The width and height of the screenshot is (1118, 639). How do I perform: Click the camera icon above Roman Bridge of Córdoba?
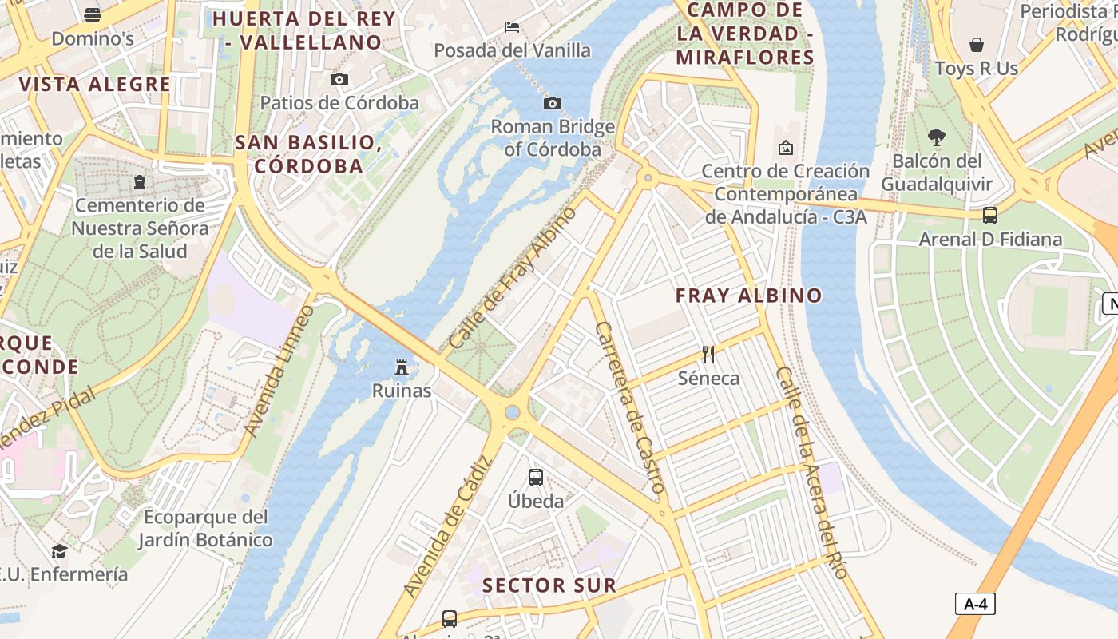[x=552, y=103]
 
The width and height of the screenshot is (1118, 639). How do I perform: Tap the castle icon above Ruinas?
[x=402, y=367]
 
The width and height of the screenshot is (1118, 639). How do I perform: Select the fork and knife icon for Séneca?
[x=708, y=354]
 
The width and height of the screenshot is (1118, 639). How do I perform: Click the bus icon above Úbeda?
[x=536, y=478]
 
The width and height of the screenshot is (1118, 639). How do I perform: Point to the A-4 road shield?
[x=975, y=604]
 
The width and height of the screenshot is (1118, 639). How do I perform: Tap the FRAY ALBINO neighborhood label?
[x=748, y=296]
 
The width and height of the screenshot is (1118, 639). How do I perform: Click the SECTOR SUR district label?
[x=549, y=585]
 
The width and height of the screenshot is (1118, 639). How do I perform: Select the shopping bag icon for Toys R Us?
[x=976, y=45]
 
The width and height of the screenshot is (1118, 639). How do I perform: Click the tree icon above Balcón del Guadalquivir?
[x=937, y=137]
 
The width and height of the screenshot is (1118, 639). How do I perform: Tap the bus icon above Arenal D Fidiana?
[x=990, y=216]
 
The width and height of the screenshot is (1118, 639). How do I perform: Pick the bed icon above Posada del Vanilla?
[x=512, y=26]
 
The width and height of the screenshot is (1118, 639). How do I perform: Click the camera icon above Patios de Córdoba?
[x=339, y=79]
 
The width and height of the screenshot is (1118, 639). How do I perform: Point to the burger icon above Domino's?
[x=93, y=14]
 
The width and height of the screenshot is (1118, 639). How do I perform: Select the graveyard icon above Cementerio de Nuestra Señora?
[x=141, y=182]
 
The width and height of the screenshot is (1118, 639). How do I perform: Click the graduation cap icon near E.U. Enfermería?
[x=59, y=551]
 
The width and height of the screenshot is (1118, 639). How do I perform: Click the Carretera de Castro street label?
[x=630, y=407]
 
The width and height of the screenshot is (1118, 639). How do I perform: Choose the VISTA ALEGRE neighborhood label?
[x=95, y=85]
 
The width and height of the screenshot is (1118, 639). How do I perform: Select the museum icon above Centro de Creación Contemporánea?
[x=786, y=148]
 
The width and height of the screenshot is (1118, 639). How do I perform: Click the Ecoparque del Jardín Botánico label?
[x=205, y=528]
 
